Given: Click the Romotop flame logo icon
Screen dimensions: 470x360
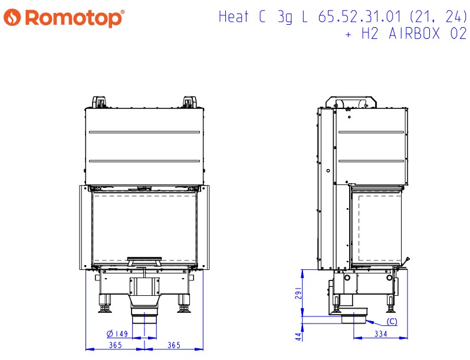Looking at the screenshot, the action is pos(12,17).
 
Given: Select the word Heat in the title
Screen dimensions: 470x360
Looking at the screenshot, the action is pos(234,16).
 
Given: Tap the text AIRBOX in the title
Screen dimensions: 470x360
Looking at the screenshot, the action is pos(414,33).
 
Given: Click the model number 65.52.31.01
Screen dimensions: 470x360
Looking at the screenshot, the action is pos(359,16).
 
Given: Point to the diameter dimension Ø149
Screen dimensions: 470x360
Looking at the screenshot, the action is pos(117,333).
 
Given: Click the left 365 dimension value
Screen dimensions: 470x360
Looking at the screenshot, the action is pos(116,345).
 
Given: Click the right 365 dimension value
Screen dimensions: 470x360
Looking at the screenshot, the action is pos(174,345).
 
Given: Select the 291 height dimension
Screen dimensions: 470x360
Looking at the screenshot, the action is pos(298,293).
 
